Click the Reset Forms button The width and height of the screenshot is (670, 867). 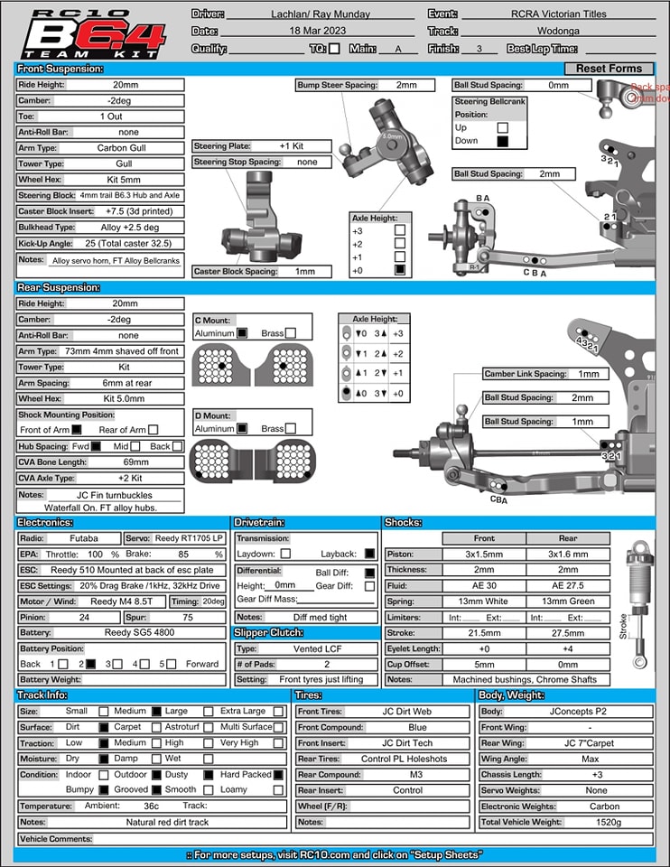[609, 69]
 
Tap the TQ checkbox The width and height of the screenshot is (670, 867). [335, 49]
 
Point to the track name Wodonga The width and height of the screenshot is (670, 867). [557, 32]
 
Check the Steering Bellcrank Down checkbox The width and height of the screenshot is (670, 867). [503, 141]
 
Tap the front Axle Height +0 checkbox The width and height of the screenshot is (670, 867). [400, 269]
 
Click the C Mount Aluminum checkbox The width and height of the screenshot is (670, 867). [242, 333]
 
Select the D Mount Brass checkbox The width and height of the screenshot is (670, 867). [290, 429]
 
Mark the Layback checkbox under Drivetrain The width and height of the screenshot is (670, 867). [369, 554]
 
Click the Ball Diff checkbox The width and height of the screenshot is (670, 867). [369, 573]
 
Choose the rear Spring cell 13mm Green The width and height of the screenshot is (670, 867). [568, 601]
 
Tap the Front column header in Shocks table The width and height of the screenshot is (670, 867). [484, 538]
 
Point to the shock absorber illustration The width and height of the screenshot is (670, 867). [638, 596]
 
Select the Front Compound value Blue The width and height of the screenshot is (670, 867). [417, 727]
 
